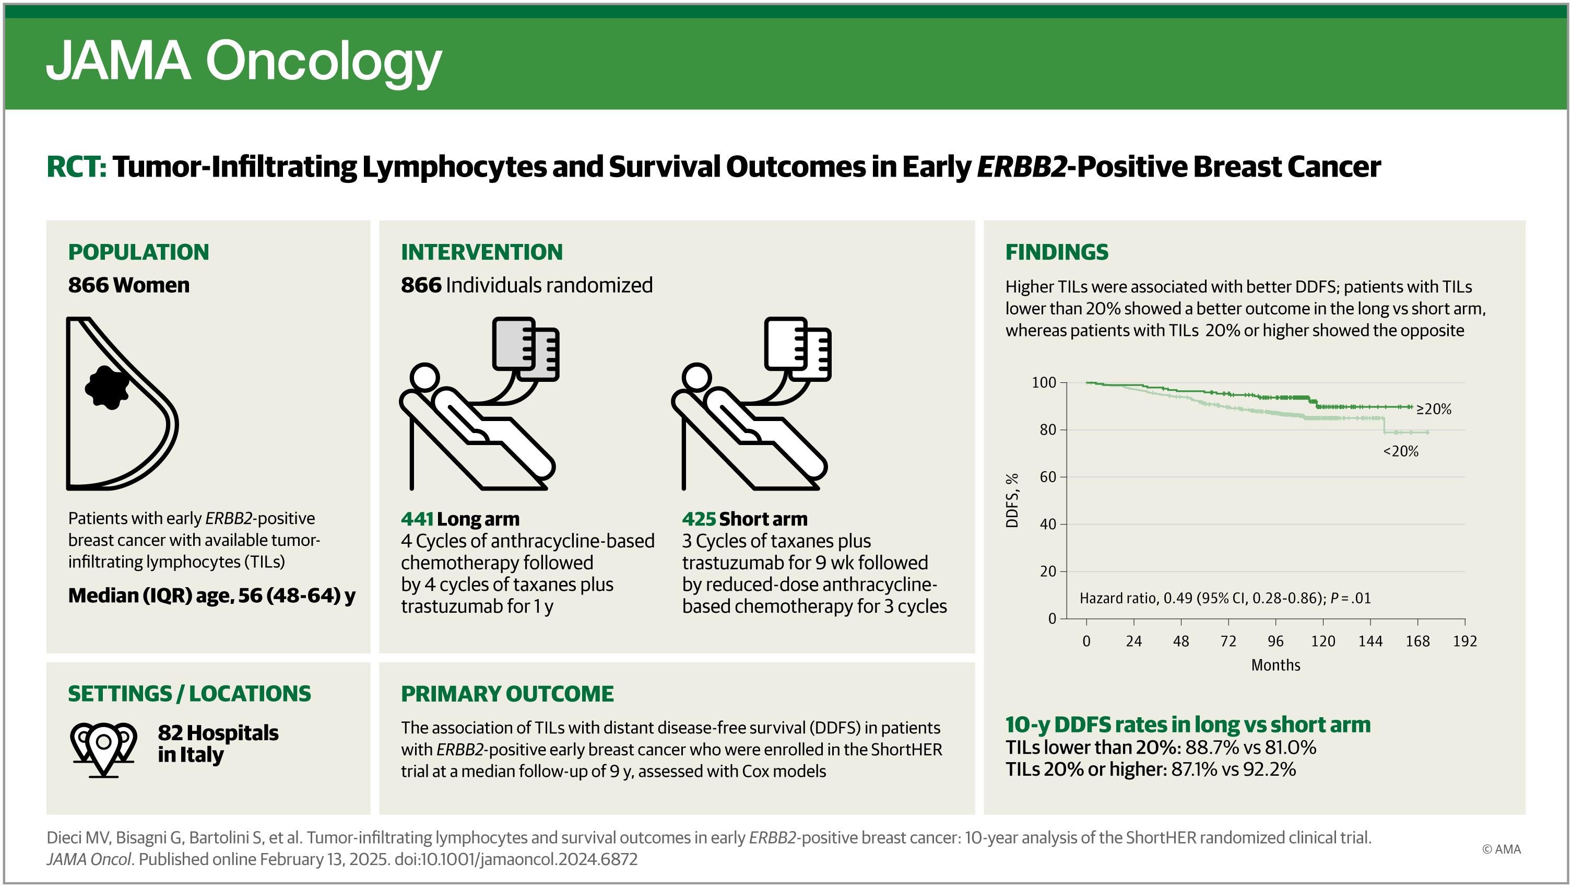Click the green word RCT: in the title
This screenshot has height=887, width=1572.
click(x=76, y=167)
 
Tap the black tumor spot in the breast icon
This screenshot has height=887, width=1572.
click(x=108, y=387)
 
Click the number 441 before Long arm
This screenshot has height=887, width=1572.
click(x=417, y=519)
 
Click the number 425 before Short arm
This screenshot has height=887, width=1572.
click(x=698, y=519)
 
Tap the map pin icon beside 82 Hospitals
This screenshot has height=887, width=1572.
click(x=103, y=749)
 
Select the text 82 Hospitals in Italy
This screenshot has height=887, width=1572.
click(x=218, y=743)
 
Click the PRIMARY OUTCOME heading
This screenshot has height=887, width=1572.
click(x=507, y=694)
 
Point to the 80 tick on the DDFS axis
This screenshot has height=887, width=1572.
click(x=1048, y=430)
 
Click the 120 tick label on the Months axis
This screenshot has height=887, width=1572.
click(x=1322, y=641)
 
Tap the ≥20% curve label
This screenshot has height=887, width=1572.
click(x=1434, y=409)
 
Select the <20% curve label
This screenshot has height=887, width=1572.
click(x=1401, y=451)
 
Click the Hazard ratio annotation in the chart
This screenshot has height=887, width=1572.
click(x=1225, y=598)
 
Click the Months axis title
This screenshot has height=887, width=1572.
click(x=1275, y=665)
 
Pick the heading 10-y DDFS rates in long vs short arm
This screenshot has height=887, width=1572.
click(x=1188, y=725)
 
